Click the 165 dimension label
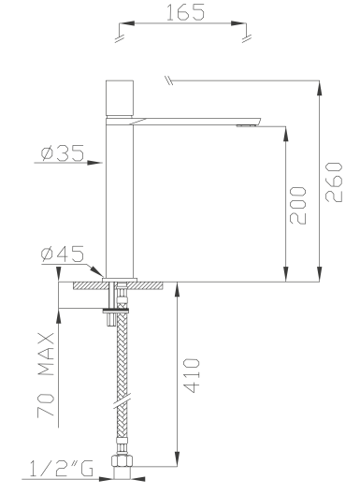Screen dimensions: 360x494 185,12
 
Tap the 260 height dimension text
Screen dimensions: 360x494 334,182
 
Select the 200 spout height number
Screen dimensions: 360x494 297,206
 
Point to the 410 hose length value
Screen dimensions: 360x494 192,375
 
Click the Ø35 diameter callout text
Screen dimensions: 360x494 63,153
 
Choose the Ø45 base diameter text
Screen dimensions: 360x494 63,254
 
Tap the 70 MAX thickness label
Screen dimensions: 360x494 46,375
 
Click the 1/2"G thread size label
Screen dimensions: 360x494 62,468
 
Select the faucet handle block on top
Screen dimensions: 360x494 120,98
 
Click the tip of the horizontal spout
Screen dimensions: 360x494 261,120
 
